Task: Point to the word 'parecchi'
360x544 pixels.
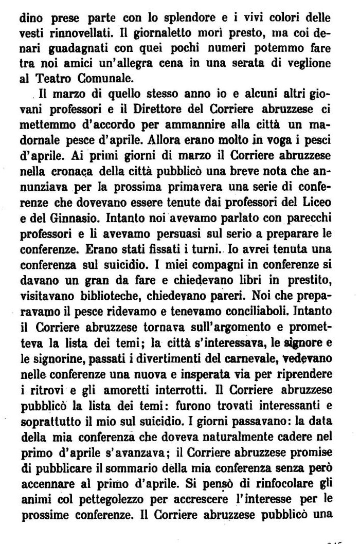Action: (312, 206)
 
